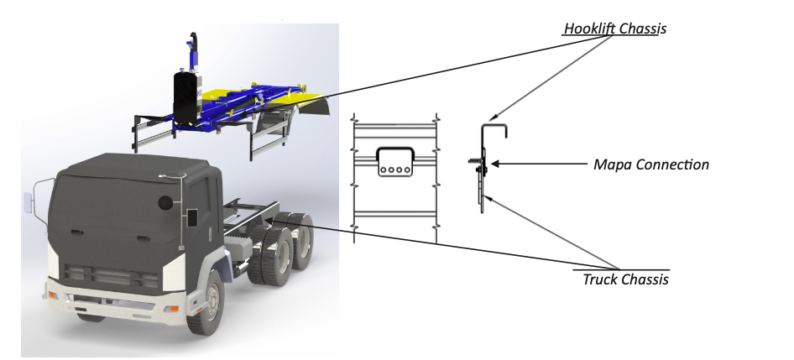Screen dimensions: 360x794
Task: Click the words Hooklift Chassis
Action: [x=614, y=29]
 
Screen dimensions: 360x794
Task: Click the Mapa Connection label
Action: [x=650, y=164]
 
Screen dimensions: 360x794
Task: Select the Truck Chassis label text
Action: [x=625, y=279]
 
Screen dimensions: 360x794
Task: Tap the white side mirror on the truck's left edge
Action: [x=28, y=202]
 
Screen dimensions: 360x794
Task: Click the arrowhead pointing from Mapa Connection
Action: [x=495, y=164]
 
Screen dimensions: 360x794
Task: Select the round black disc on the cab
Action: [x=165, y=202]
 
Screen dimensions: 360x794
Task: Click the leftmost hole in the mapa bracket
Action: [x=383, y=169]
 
